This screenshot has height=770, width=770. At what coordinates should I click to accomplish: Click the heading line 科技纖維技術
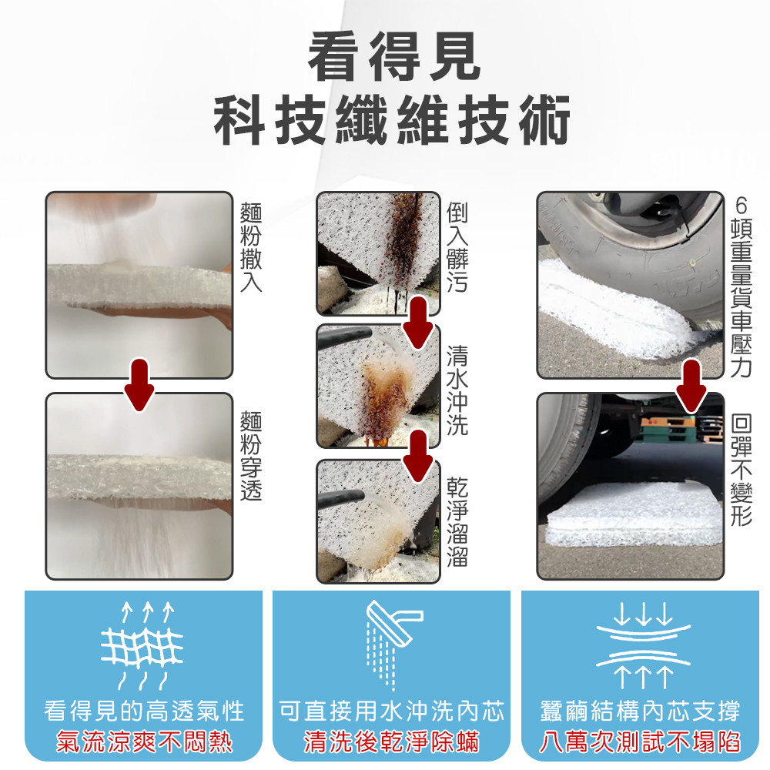pyautogui.click(x=392, y=120)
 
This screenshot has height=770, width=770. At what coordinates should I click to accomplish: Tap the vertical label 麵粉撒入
pyautogui.click(x=251, y=247)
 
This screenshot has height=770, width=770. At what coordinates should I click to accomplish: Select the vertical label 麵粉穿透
pyautogui.click(x=251, y=455)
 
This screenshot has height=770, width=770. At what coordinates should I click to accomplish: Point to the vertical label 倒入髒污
pyautogui.click(x=457, y=247)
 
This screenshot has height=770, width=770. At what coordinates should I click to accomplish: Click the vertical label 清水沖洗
pyautogui.click(x=457, y=390)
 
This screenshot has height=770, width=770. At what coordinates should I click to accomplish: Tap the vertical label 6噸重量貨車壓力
pyautogui.click(x=742, y=286)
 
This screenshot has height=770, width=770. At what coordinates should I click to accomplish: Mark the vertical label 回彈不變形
pyautogui.click(x=742, y=470)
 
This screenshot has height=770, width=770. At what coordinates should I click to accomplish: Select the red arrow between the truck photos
pyautogui.click(x=691, y=386)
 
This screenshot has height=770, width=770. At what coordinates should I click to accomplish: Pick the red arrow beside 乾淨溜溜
pyautogui.click(x=418, y=457)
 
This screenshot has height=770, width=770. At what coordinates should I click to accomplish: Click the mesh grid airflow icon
pyautogui.click(x=142, y=645)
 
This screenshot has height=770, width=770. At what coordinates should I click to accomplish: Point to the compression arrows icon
pyautogui.click(x=643, y=645)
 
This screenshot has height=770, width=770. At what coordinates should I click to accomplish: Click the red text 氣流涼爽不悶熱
pyautogui.click(x=145, y=742)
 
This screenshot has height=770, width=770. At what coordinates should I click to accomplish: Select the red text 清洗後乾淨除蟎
pyautogui.click(x=391, y=742)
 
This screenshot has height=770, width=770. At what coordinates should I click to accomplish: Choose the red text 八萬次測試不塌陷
pyautogui.click(x=641, y=742)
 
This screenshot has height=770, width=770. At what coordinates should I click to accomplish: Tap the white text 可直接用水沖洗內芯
pyautogui.click(x=391, y=711)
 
